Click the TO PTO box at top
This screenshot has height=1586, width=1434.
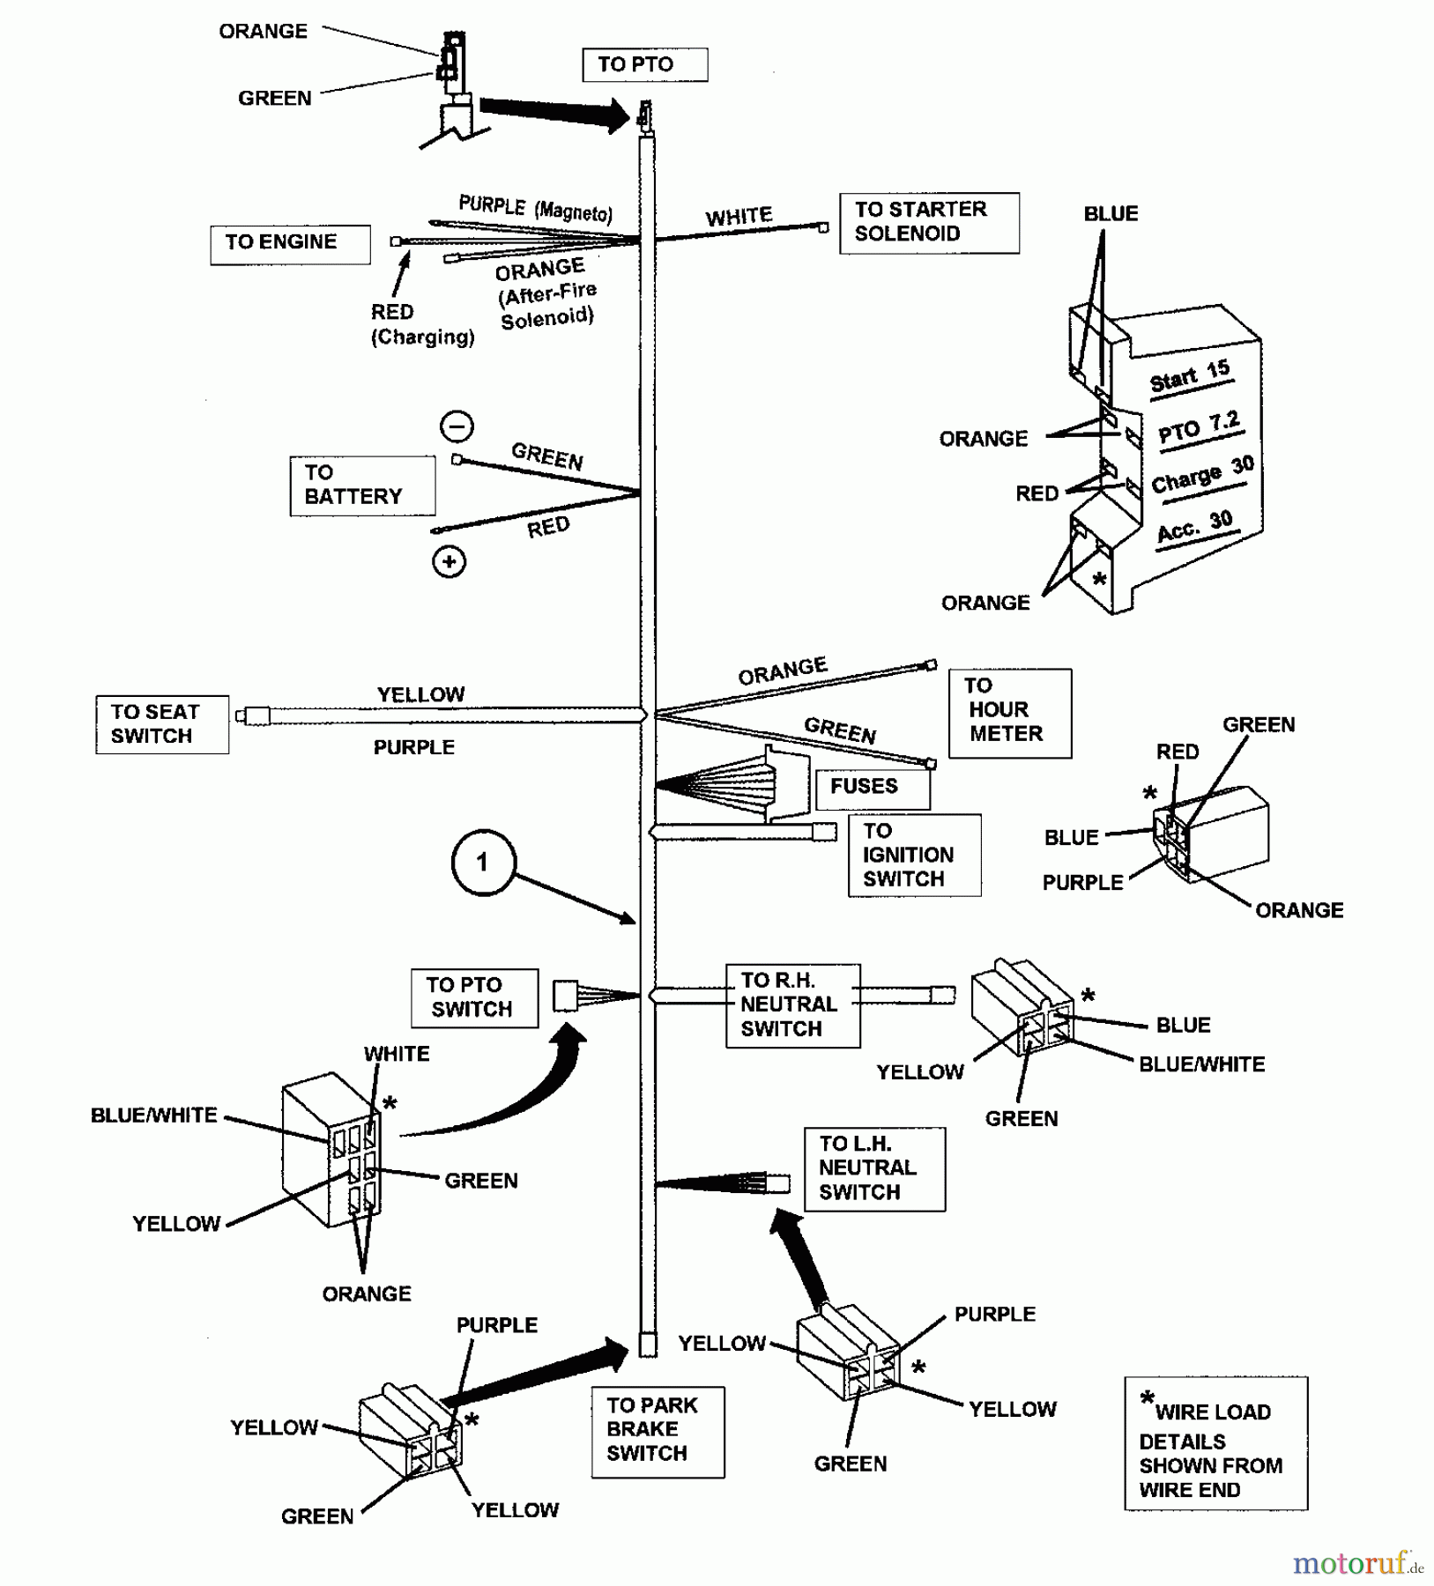point(644,64)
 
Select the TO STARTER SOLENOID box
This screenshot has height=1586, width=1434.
point(928,223)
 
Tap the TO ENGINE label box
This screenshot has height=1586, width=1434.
point(289,244)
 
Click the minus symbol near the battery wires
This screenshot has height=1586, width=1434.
point(457,426)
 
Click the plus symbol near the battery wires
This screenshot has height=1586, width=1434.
point(449,561)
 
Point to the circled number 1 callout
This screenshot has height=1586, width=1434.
point(482,863)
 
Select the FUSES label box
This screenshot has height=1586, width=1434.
point(872,788)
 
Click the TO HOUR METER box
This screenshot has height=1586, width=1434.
point(1009,713)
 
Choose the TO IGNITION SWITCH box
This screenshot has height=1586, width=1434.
point(913,855)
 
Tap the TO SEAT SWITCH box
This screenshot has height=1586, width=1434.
point(161,724)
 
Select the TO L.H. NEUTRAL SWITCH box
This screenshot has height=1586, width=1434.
point(873,1168)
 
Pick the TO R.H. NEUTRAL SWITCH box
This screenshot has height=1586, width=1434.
point(791,1005)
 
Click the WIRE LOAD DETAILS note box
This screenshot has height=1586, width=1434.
point(1215,1443)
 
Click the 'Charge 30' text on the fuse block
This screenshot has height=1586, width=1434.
point(1202,477)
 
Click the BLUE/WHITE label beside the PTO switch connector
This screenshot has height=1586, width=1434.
point(153,1115)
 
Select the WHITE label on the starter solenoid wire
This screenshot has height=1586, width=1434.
point(739,217)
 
